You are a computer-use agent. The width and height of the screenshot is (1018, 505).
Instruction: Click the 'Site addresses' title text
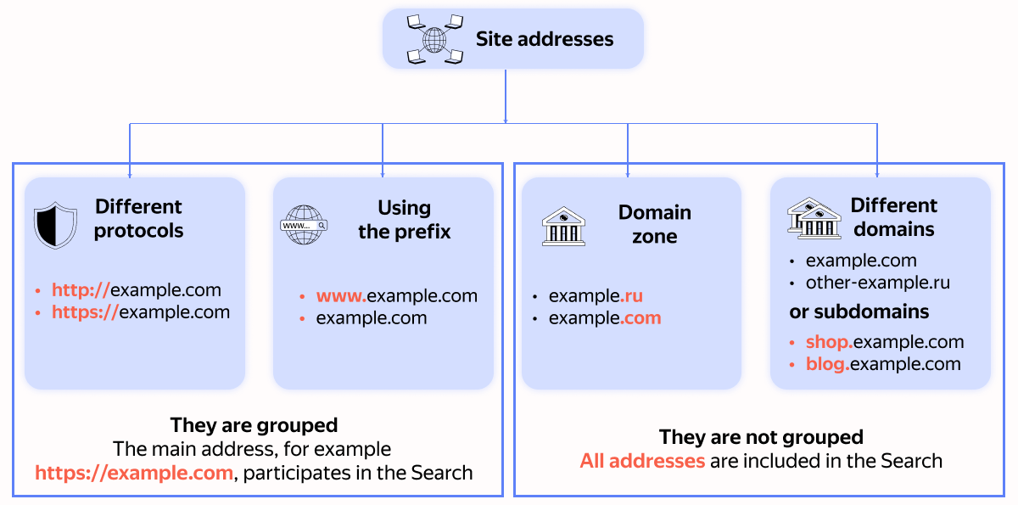544,39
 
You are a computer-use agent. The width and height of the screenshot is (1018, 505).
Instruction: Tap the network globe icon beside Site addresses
434,39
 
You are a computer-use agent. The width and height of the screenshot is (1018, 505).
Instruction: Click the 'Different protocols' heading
138,219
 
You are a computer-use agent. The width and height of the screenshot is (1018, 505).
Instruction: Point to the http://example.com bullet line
136,290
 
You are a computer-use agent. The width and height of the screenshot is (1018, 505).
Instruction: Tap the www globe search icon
304,225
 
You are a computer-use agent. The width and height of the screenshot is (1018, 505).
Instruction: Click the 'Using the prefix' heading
404,220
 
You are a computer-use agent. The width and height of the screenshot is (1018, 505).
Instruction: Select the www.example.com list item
396,296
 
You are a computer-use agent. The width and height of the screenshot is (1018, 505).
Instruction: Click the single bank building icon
563,226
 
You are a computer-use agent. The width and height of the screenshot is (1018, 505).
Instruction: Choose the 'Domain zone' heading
654,224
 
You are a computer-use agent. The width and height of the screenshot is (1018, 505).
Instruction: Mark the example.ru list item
596,296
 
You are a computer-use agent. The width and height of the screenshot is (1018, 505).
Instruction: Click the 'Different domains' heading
894,217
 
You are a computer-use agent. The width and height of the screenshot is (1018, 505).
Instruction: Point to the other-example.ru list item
877,283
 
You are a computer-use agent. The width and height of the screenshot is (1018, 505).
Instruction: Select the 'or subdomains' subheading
859,311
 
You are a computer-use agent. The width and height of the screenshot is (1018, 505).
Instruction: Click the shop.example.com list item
884,342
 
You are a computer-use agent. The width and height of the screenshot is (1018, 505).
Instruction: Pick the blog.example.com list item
882,364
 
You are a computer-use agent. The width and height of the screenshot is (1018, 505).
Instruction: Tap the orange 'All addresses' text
642,461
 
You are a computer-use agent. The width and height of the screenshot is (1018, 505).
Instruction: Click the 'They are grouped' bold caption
254,425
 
